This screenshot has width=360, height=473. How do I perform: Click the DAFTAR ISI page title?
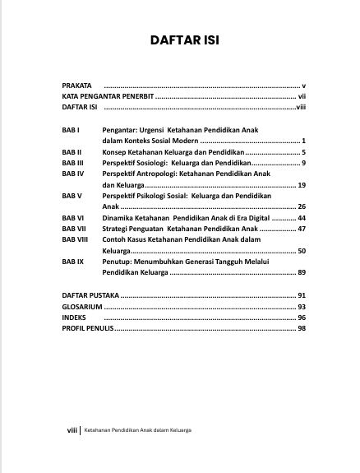[x=182, y=40]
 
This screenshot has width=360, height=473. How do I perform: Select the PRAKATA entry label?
[x=77, y=86]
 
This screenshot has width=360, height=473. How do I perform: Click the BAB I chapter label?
[x=72, y=130]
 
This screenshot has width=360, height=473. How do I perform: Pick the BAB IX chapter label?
[x=73, y=261]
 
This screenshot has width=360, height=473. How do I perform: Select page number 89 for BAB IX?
[x=301, y=271]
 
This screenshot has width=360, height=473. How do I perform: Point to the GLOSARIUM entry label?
[x=82, y=305]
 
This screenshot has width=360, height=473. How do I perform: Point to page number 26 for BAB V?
[x=301, y=206]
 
